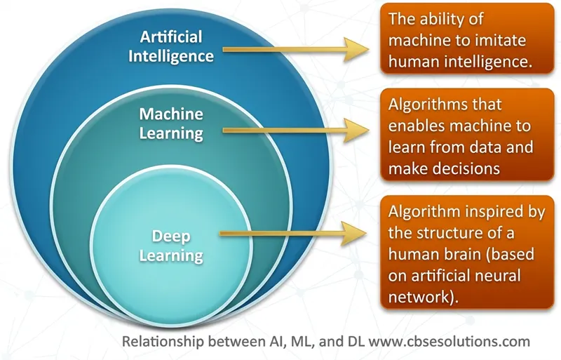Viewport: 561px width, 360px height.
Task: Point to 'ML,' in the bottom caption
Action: click(x=302, y=342)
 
